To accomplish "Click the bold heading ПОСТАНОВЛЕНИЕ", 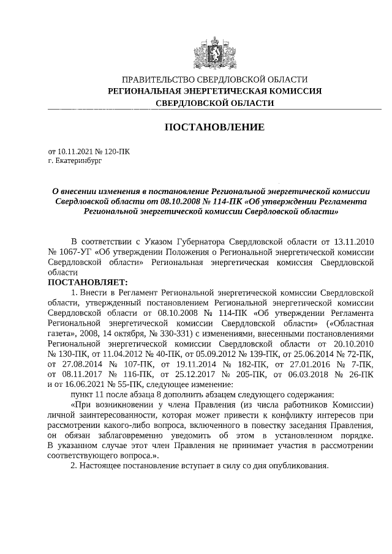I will coord(214,127).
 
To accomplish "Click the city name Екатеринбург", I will coord(78,160).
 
